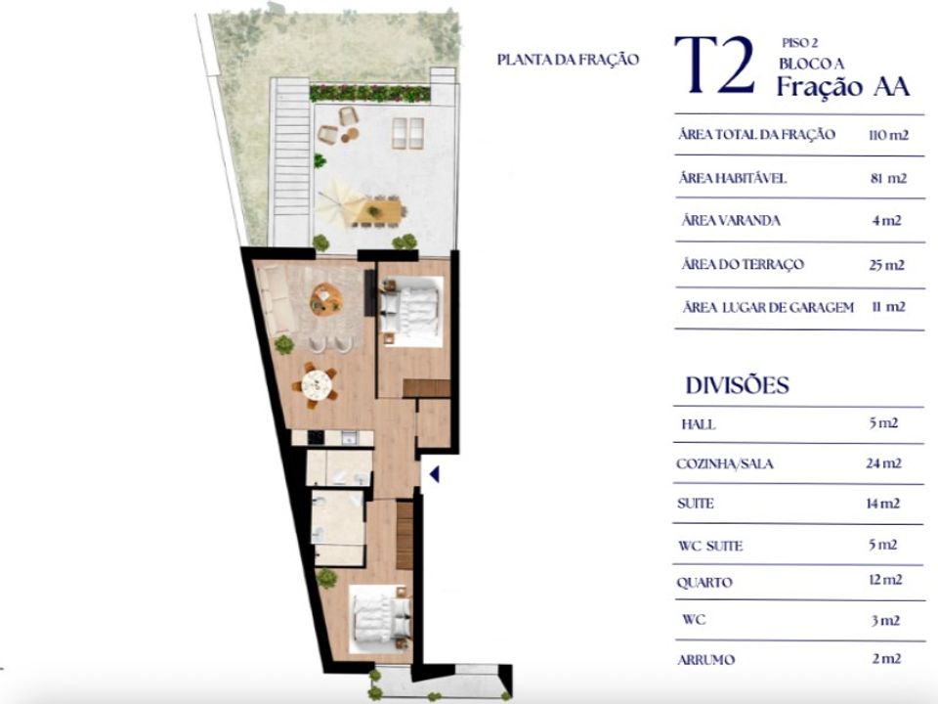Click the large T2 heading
(x=715, y=66)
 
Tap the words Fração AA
(x=843, y=87)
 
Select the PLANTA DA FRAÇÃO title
(x=568, y=60)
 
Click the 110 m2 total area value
(x=888, y=135)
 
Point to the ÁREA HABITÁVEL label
(x=732, y=178)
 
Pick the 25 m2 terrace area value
(x=886, y=265)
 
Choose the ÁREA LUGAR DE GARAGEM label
(x=768, y=307)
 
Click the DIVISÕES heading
(x=737, y=385)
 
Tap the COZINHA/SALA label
(x=724, y=463)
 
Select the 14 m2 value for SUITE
(x=883, y=504)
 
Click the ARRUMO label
(x=705, y=660)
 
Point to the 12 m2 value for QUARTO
(x=885, y=580)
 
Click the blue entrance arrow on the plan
(x=435, y=474)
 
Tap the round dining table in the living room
(x=317, y=385)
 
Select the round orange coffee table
(x=326, y=298)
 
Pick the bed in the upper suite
(x=411, y=311)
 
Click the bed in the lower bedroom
(x=380, y=620)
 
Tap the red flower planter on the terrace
(x=369, y=93)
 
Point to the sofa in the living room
(x=276, y=299)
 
